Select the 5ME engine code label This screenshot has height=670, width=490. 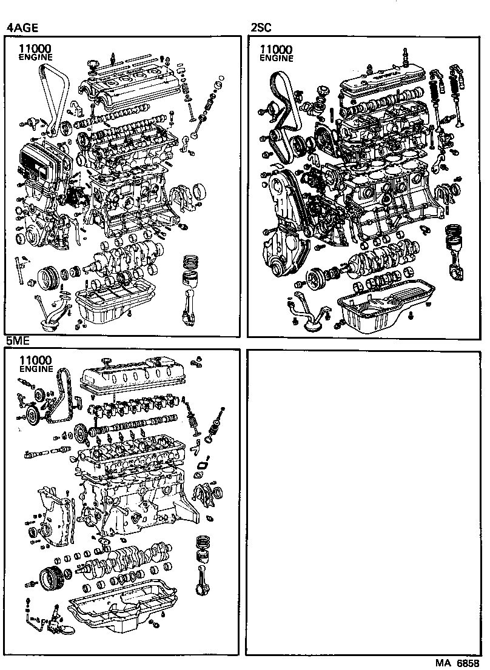pos(19,341)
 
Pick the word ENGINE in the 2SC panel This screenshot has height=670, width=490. pos(276,59)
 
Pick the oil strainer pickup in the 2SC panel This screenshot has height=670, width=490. pos(309,312)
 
